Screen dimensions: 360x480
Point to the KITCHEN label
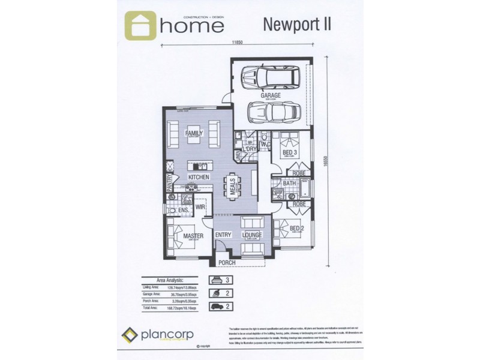click(x=198, y=178)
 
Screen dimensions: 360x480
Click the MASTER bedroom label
click(x=193, y=236)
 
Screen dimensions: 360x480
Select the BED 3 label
click(x=291, y=154)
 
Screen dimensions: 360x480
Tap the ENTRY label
click(x=223, y=235)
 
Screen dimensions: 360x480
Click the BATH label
click(x=289, y=183)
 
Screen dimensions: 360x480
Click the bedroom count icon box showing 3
click(x=219, y=280)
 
